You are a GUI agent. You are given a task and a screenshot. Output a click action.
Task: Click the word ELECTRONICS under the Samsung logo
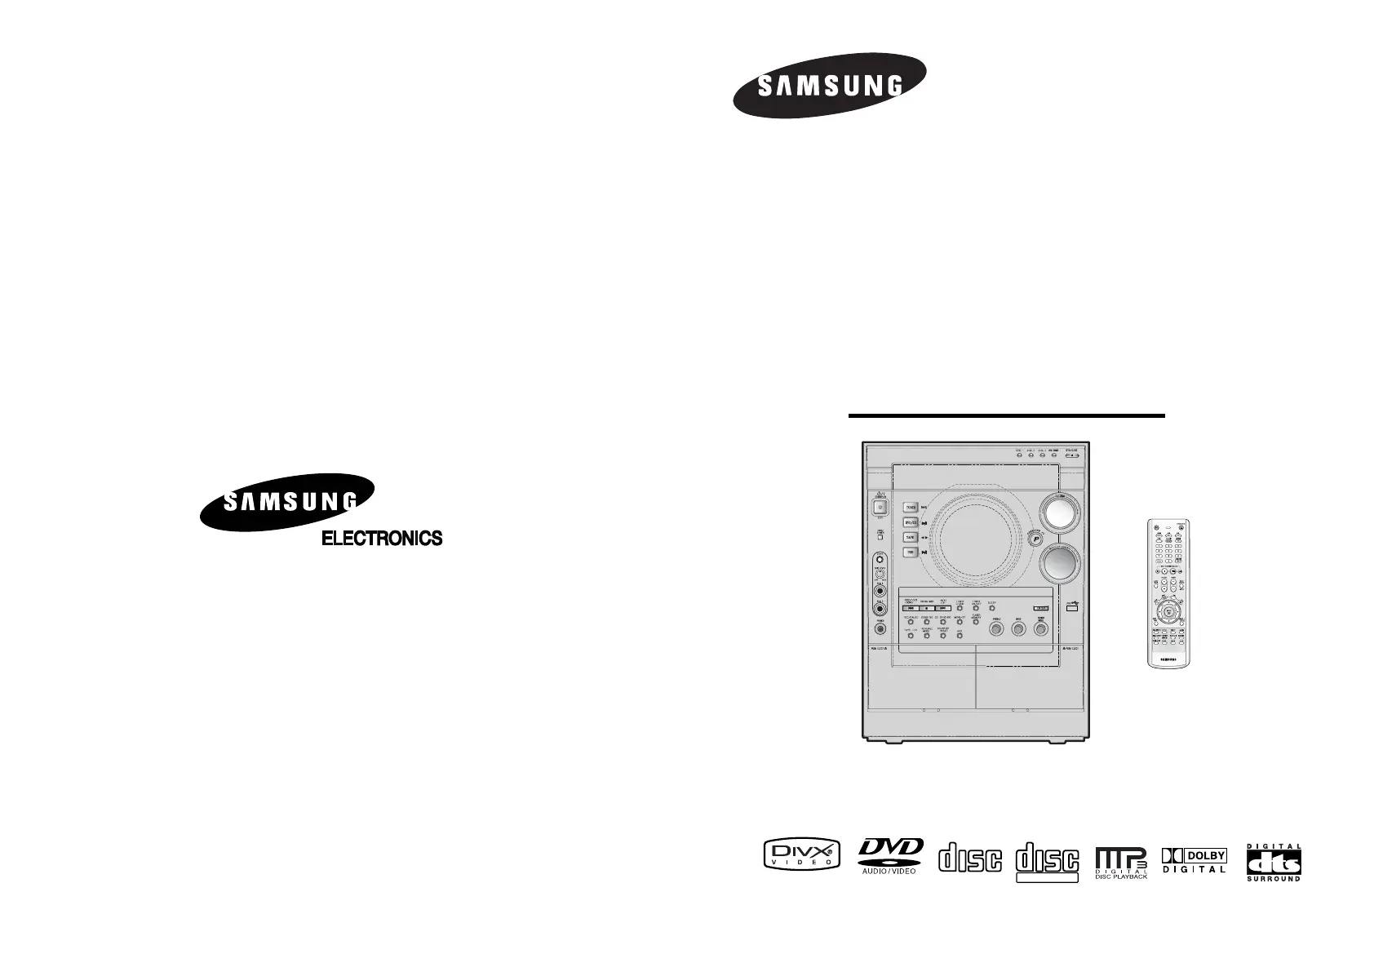point(382,539)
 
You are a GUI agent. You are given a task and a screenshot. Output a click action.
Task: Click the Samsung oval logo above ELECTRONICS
point(289,500)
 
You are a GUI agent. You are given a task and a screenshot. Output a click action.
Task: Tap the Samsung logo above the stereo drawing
point(830,86)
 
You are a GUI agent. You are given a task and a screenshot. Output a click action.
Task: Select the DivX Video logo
point(800,854)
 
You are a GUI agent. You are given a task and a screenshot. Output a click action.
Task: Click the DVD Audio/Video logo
point(889,855)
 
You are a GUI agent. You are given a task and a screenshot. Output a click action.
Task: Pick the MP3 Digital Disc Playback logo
point(1121,861)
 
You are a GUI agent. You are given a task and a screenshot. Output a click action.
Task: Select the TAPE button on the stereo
point(910,538)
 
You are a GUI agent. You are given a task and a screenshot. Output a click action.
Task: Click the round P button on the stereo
point(1035,539)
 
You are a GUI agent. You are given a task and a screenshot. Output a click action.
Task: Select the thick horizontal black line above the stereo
point(1006,415)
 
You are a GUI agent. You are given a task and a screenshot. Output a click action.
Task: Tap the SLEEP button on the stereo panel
point(991,608)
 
